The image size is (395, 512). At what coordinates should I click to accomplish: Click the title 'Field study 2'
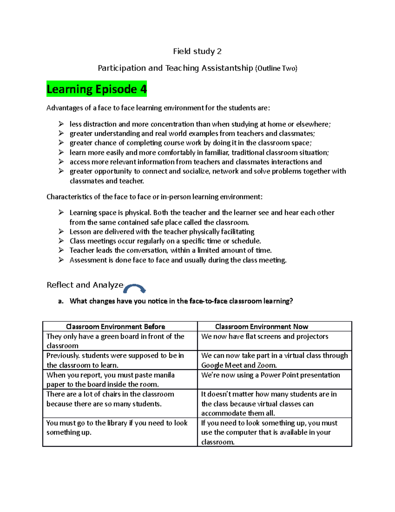click(x=197, y=51)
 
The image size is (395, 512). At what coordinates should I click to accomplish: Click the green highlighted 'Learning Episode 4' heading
click(x=96, y=89)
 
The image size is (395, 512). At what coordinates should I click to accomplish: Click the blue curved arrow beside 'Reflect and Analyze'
click(x=135, y=288)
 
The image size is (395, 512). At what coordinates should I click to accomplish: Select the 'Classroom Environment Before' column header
click(x=116, y=326)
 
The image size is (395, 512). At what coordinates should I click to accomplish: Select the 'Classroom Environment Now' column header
click(x=261, y=326)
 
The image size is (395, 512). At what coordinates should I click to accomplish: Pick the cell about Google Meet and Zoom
click(x=274, y=360)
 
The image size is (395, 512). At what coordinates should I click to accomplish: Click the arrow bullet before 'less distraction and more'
click(x=61, y=124)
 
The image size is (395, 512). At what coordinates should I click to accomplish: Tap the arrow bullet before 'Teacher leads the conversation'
click(x=61, y=250)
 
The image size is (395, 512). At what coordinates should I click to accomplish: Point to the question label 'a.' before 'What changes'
click(x=60, y=301)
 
